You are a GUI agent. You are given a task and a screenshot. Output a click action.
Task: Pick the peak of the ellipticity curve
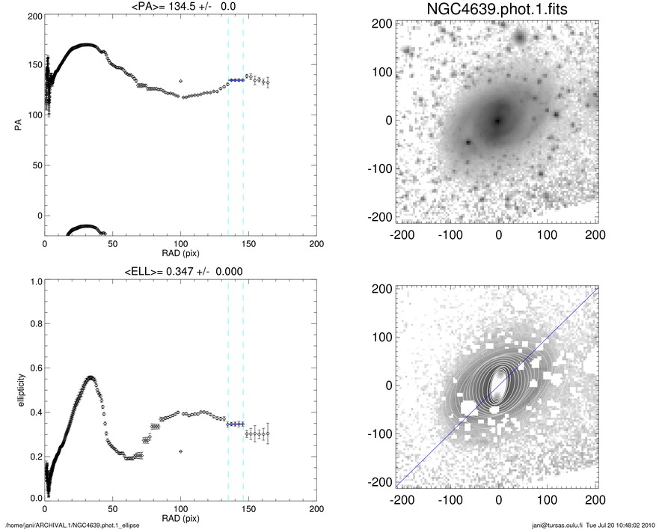(91, 377)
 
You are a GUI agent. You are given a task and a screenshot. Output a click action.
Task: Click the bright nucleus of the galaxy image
(497, 120)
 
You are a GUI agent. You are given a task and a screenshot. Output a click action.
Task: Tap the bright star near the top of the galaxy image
(520, 35)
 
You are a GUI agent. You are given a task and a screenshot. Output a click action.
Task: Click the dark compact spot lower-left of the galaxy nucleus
(469, 141)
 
